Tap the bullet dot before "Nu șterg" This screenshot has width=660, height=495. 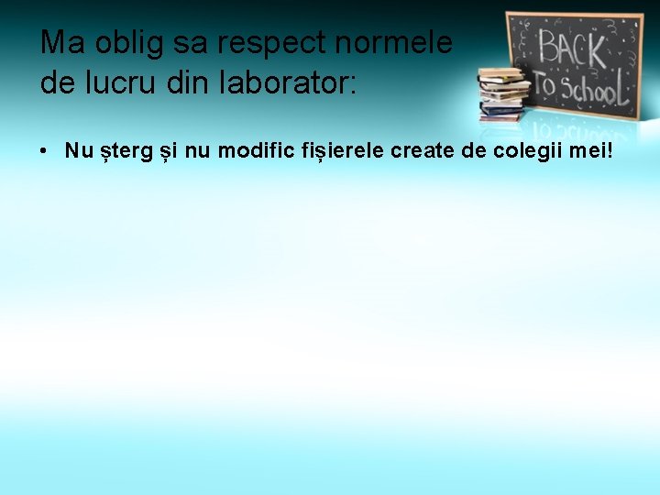44,150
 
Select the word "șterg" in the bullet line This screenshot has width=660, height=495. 117,151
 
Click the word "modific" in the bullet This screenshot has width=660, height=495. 252,150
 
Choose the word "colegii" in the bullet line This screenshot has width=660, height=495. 526,150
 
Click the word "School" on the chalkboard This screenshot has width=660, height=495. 598,89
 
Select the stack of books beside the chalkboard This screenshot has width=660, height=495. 502,93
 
